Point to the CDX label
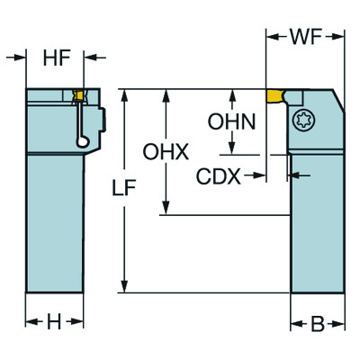pyautogui.click(x=219, y=176)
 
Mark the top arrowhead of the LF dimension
pyautogui.click(x=126, y=94)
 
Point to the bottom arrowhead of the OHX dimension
pyautogui.click(x=165, y=210)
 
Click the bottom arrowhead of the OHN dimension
pyautogui.click(x=232, y=151)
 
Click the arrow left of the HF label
pyautogui.click(x=20, y=59)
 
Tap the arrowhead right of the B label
pyautogui.click(x=339, y=323)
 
